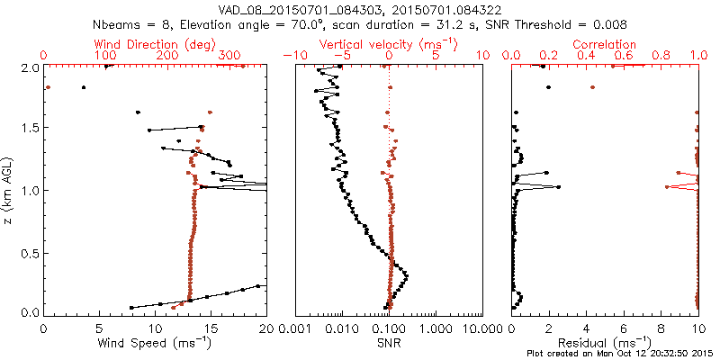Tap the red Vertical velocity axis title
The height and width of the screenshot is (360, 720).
click(x=389, y=43)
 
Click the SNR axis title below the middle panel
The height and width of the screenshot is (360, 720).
click(x=390, y=342)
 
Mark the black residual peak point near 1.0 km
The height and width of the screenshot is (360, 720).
click(x=559, y=187)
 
